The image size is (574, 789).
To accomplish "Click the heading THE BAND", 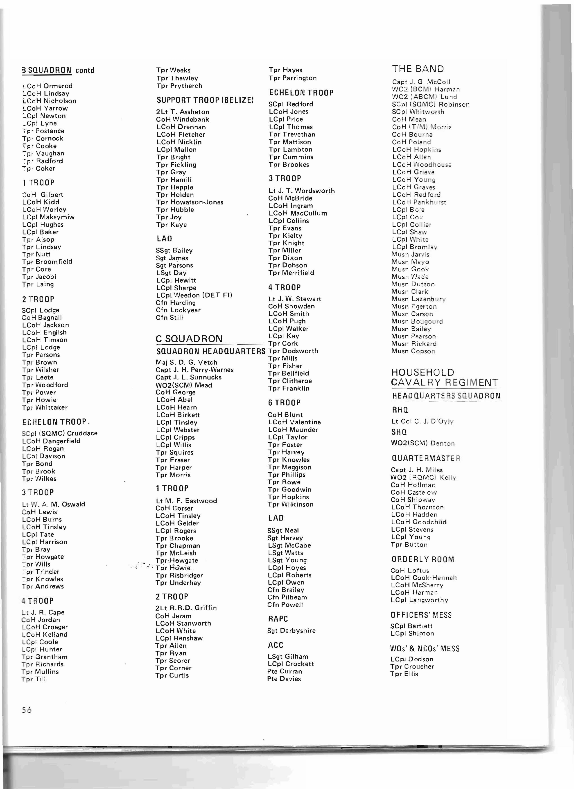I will click(x=418, y=69).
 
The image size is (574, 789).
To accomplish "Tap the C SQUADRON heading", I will click(x=189, y=339).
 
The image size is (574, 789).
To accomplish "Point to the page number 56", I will click(x=26, y=710).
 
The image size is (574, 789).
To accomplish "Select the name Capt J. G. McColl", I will click(x=421, y=82).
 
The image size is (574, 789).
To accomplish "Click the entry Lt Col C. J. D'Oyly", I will click(x=423, y=421).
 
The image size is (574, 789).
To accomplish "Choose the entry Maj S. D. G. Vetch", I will click(x=186, y=362).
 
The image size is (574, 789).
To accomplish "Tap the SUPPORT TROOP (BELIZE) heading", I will click(x=205, y=100).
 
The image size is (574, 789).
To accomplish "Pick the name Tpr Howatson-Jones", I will click(x=190, y=202).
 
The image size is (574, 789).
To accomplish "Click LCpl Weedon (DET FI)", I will click(x=194, y=295).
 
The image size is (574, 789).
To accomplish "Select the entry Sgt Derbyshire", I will click(x=291, y=630).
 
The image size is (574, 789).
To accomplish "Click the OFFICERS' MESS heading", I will click(x=421, y=615).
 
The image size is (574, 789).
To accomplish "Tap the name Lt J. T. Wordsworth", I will click(x=301, y=191).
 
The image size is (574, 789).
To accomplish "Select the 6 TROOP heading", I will click(x=284, y=402).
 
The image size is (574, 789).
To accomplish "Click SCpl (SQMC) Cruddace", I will click(x=59, y=433).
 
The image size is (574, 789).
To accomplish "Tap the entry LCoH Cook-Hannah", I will click(x=424, y=578).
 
